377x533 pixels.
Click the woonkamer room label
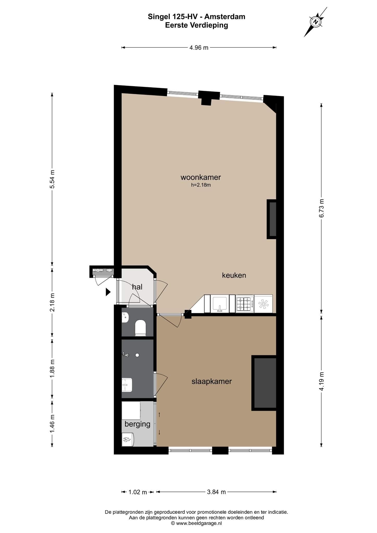point(201,177)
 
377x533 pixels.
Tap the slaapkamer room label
point(212,382)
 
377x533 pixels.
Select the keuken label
point(234,275)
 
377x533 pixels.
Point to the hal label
point(137,287)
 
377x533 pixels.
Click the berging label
point(137,424)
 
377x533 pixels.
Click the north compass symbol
point(316,22)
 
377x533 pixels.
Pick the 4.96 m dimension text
point(199,48)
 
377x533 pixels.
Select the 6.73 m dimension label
point(322,208)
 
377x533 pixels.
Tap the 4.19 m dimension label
point(322,381)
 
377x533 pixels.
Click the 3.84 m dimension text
point(216,492)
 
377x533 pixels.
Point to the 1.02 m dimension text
point(138,492)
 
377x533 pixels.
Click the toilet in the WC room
point(140,328)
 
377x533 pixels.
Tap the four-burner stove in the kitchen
point(245,304)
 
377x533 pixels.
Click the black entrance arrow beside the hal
point(108,292)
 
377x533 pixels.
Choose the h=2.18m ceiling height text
point(201,185)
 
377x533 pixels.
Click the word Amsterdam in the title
point(225,17)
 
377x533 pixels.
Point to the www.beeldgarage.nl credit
point(196,516)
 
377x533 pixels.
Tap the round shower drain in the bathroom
point(137,355)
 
